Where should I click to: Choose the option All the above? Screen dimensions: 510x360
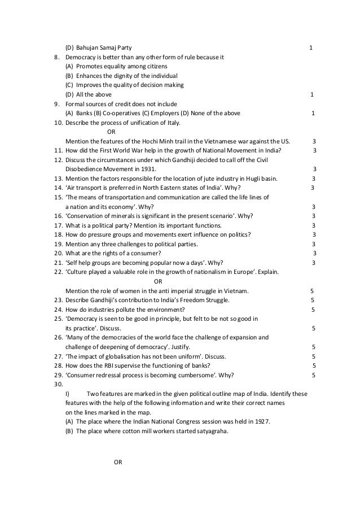pos(94,94)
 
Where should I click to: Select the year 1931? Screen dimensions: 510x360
pos(149,169)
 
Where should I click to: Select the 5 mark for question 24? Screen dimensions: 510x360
pos(313,309)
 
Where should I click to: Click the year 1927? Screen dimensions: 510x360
pos(262,421)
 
